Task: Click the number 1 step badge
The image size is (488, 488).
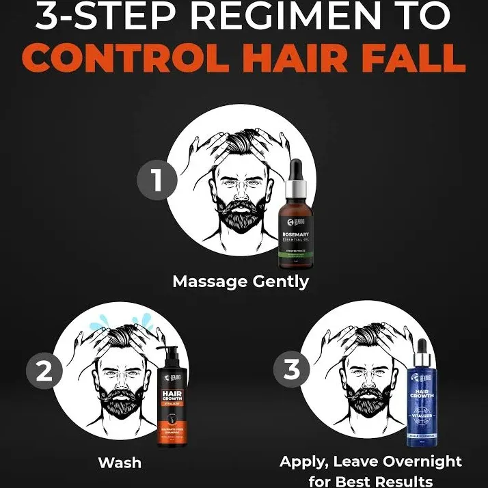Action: click(158, 181)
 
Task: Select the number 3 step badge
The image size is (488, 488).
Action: click(292, 370)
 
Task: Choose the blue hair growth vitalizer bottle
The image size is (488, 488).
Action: click(421, 396)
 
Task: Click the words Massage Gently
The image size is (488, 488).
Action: click(241, 281)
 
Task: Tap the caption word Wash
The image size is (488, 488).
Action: click(120, 463)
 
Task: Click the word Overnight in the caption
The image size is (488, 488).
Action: click(422, 462)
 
